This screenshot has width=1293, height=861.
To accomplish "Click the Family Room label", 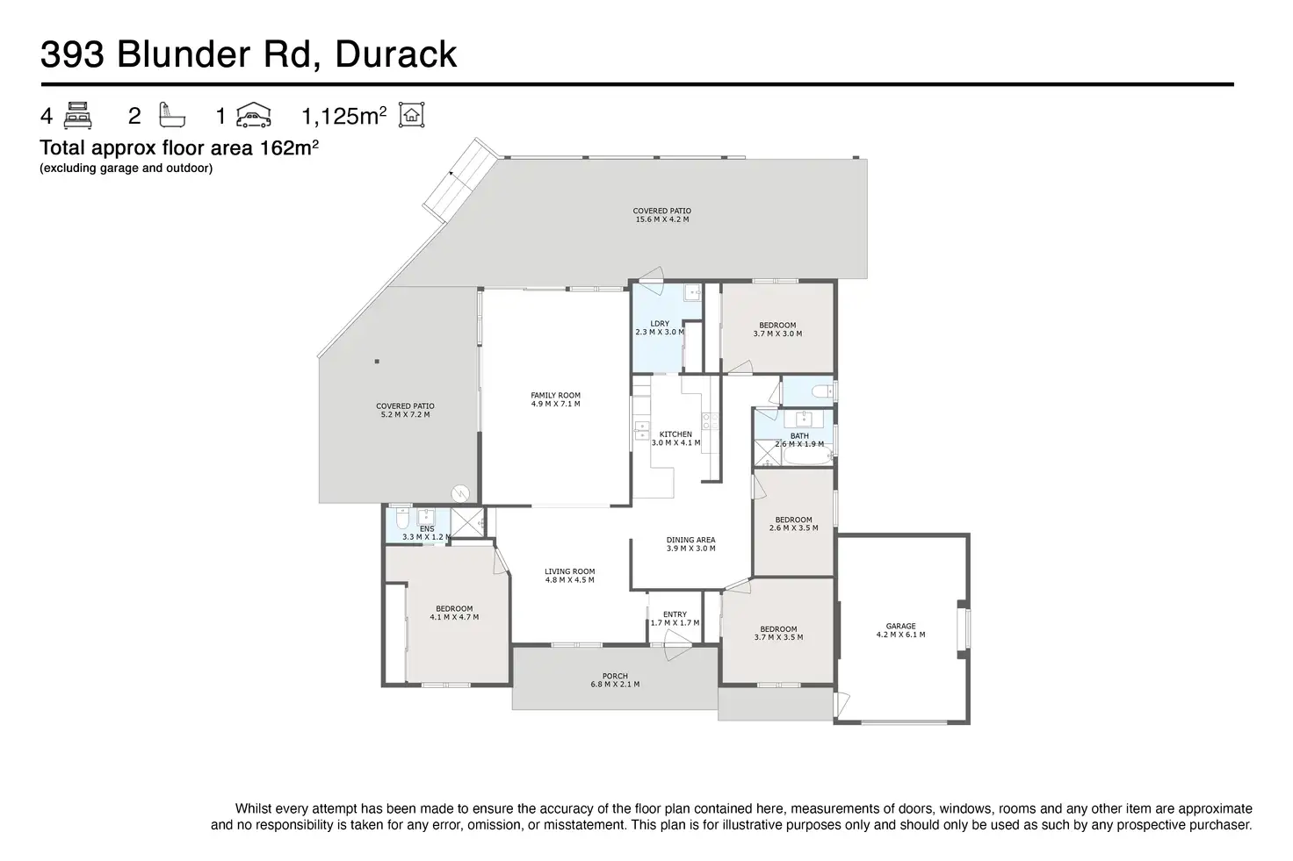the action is click(555, 395).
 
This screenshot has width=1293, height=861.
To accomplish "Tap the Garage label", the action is click(900, 627).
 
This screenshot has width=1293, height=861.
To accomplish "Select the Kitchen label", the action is click(675, 434).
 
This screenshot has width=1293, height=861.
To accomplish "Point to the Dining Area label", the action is click(690, 540).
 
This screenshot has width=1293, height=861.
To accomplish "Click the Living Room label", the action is click(569, 571).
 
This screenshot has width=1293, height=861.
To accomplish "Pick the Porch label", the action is click(615, 676).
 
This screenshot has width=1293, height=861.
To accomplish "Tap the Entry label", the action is click(675, 614).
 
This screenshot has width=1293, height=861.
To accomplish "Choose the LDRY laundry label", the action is click(659, 324).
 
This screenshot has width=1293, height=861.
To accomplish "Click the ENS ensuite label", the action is click(426, 529).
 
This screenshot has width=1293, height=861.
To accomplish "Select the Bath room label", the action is click(799, 436).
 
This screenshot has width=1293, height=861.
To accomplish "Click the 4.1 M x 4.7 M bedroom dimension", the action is click(454, 618).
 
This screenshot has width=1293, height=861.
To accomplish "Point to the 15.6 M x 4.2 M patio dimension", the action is click(662, 219).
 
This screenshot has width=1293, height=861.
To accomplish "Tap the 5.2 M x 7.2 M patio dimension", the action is click(405, 414).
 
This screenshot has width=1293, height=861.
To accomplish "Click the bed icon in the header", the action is click(78, 115).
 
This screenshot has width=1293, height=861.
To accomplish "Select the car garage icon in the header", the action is click(254, 115).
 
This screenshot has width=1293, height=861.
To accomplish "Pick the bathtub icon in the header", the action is click(167, 115).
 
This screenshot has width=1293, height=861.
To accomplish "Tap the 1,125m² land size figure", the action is click(343, 116).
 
